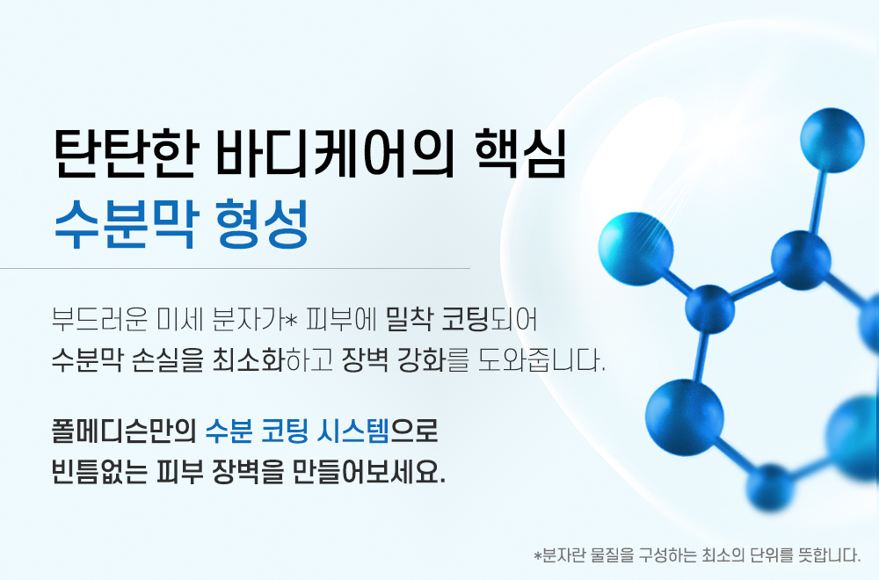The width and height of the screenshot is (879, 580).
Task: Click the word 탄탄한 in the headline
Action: (x=127, y=154)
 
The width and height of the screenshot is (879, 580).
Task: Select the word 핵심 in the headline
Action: (x=520, y=154)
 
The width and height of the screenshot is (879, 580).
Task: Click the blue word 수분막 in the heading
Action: (x=126, y=224)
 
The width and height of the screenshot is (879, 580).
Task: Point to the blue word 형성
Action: (x=262, y=224)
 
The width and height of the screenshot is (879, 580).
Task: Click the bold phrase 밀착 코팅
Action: (x=437, y=320)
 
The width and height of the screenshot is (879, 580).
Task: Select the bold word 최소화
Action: (x=249, y=359)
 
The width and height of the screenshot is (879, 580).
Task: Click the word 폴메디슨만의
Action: (x=123, y=431)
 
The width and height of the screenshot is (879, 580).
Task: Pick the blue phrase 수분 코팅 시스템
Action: (x=297, y=431)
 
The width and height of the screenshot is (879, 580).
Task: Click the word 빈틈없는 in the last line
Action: (x=100, y=472)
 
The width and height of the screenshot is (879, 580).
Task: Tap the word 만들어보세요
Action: (x=369, y=472)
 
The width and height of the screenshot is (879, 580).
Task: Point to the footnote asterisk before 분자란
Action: (x=538, y=556)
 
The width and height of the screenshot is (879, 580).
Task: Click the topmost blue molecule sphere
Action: (x=832, y=140)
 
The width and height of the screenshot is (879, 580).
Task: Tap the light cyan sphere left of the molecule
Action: (x=636, y=249)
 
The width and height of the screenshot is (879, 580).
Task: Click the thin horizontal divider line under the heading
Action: (x=235, y=268)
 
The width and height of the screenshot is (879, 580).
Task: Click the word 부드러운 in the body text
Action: (x=100, y=320)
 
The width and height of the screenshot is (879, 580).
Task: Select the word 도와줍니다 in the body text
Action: (x=541, y=359)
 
